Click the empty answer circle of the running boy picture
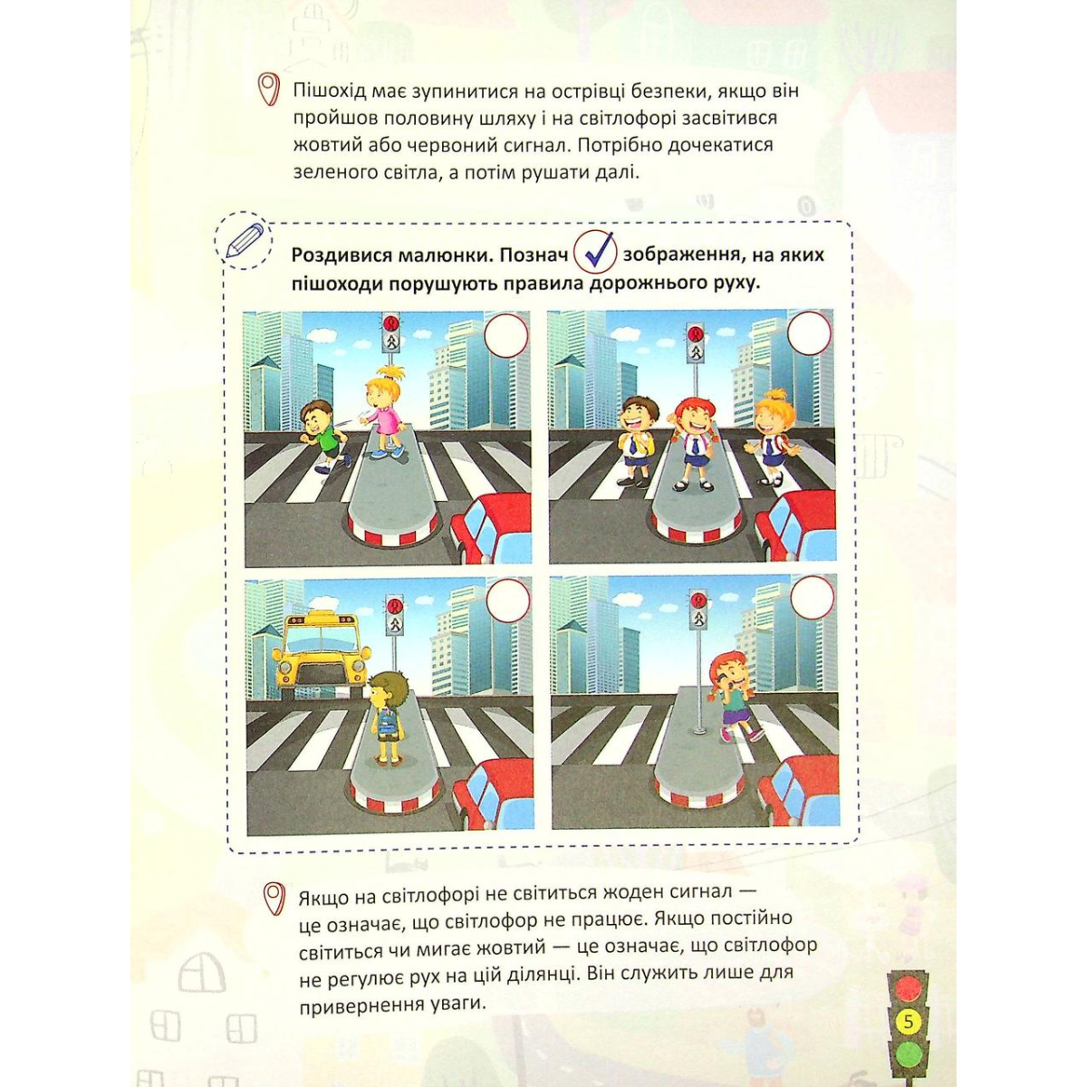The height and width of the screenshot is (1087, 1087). pyautogui.click(x=506, y=336)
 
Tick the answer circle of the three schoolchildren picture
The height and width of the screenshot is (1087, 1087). pyautogui.click(x=810, y=332)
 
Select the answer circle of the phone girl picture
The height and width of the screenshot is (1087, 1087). pyautogui.click(x=813, y=597)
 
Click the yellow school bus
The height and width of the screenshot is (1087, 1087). pyautogui.click(x=320, y=656)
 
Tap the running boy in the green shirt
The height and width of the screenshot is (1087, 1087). pyautogui.click(x=323, y=436)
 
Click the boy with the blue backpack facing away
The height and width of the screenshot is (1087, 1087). pyautogui.click(x=388, y=716)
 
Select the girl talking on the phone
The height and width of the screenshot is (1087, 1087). pyautogui.click(x=735, y=697)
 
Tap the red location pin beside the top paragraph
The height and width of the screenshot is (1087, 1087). pyautogui.click(x=269, y=89)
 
